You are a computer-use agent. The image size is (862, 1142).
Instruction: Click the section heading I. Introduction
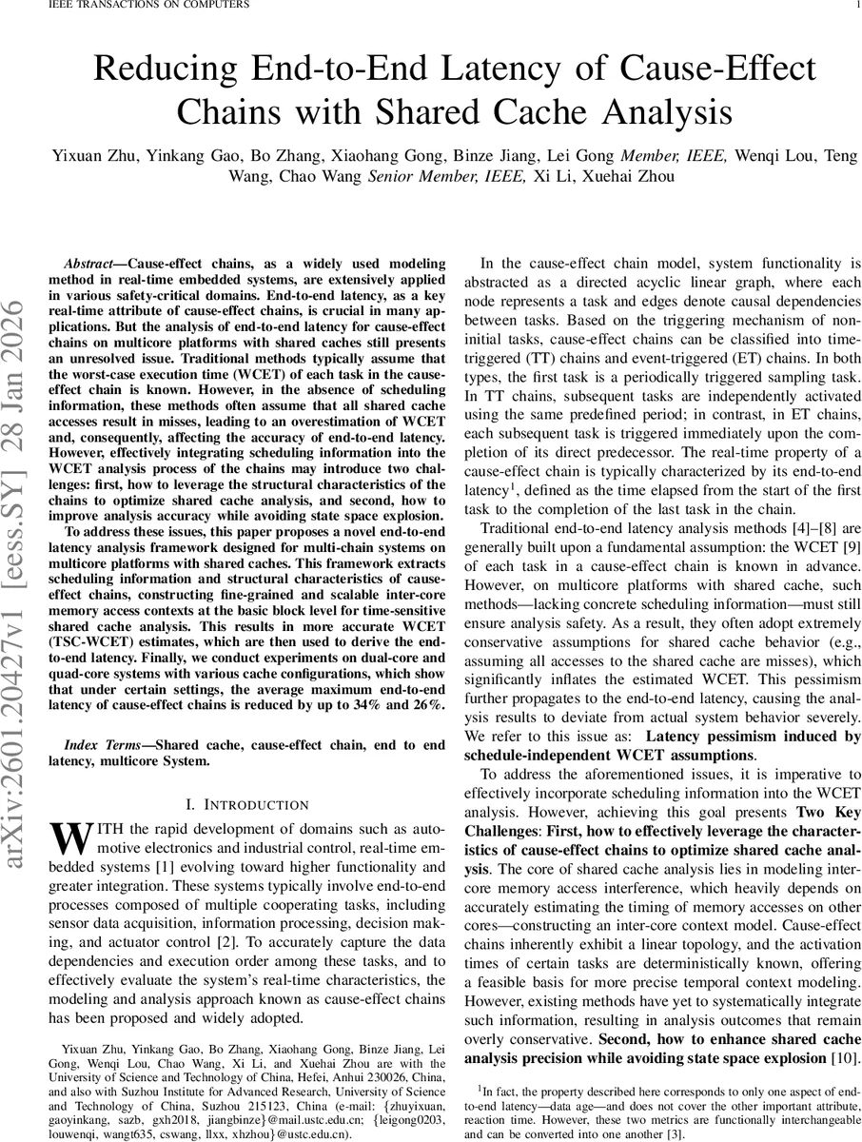click(x=246, y=804)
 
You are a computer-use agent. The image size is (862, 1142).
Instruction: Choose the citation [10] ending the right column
click(x=845, y=1059)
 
